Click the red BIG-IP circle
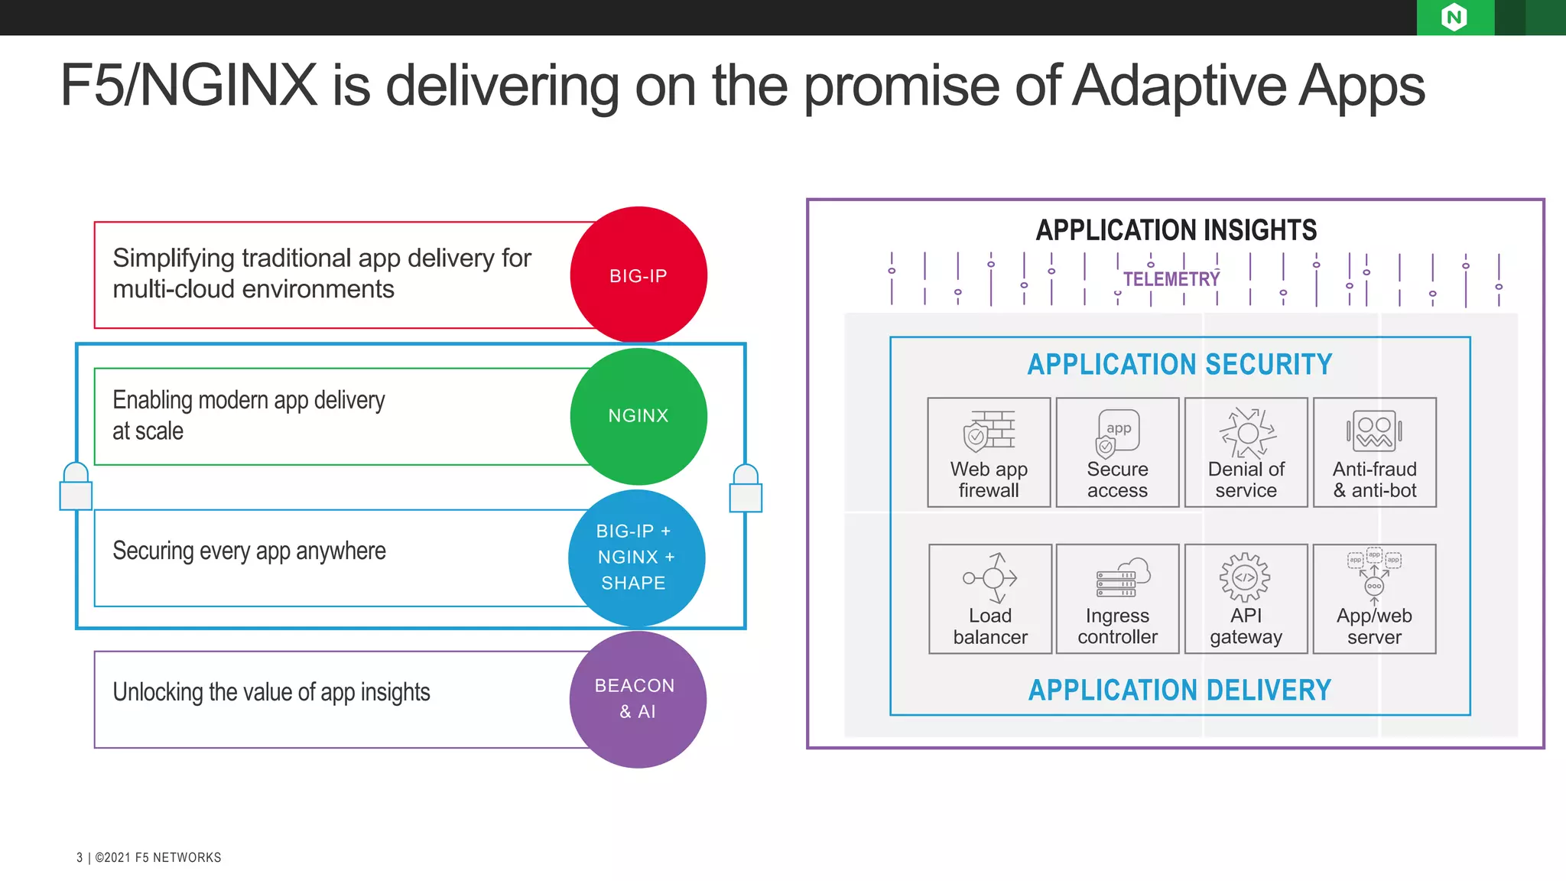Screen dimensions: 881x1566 (638, 275)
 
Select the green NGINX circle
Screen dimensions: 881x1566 (638, 416)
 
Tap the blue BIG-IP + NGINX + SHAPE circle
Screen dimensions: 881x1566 (636, 558)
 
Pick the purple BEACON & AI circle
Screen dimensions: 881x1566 (638, 699)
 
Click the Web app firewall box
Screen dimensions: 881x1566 (989, 452)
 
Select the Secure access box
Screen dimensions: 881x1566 (1117, 452)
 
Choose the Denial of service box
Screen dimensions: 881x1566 (1246, 452)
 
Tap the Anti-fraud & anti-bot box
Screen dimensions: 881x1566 (1374, 452)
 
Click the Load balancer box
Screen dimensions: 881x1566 (990, 599)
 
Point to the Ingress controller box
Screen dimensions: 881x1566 (1117, 599)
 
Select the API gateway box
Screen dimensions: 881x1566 (1246, 599)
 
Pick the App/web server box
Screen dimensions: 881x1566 (1374, 599)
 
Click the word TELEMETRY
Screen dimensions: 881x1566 (1171, 279)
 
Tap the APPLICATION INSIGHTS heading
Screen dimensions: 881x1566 (1176, 230)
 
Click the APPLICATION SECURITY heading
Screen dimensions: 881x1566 (1179, 365)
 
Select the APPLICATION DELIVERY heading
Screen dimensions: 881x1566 (1179, 691)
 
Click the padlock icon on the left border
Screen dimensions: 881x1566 (76, 487)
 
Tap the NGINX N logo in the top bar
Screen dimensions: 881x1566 (1454, 17)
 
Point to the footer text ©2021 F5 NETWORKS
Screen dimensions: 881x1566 (158, 857)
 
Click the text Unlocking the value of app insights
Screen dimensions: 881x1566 (271, 692)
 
